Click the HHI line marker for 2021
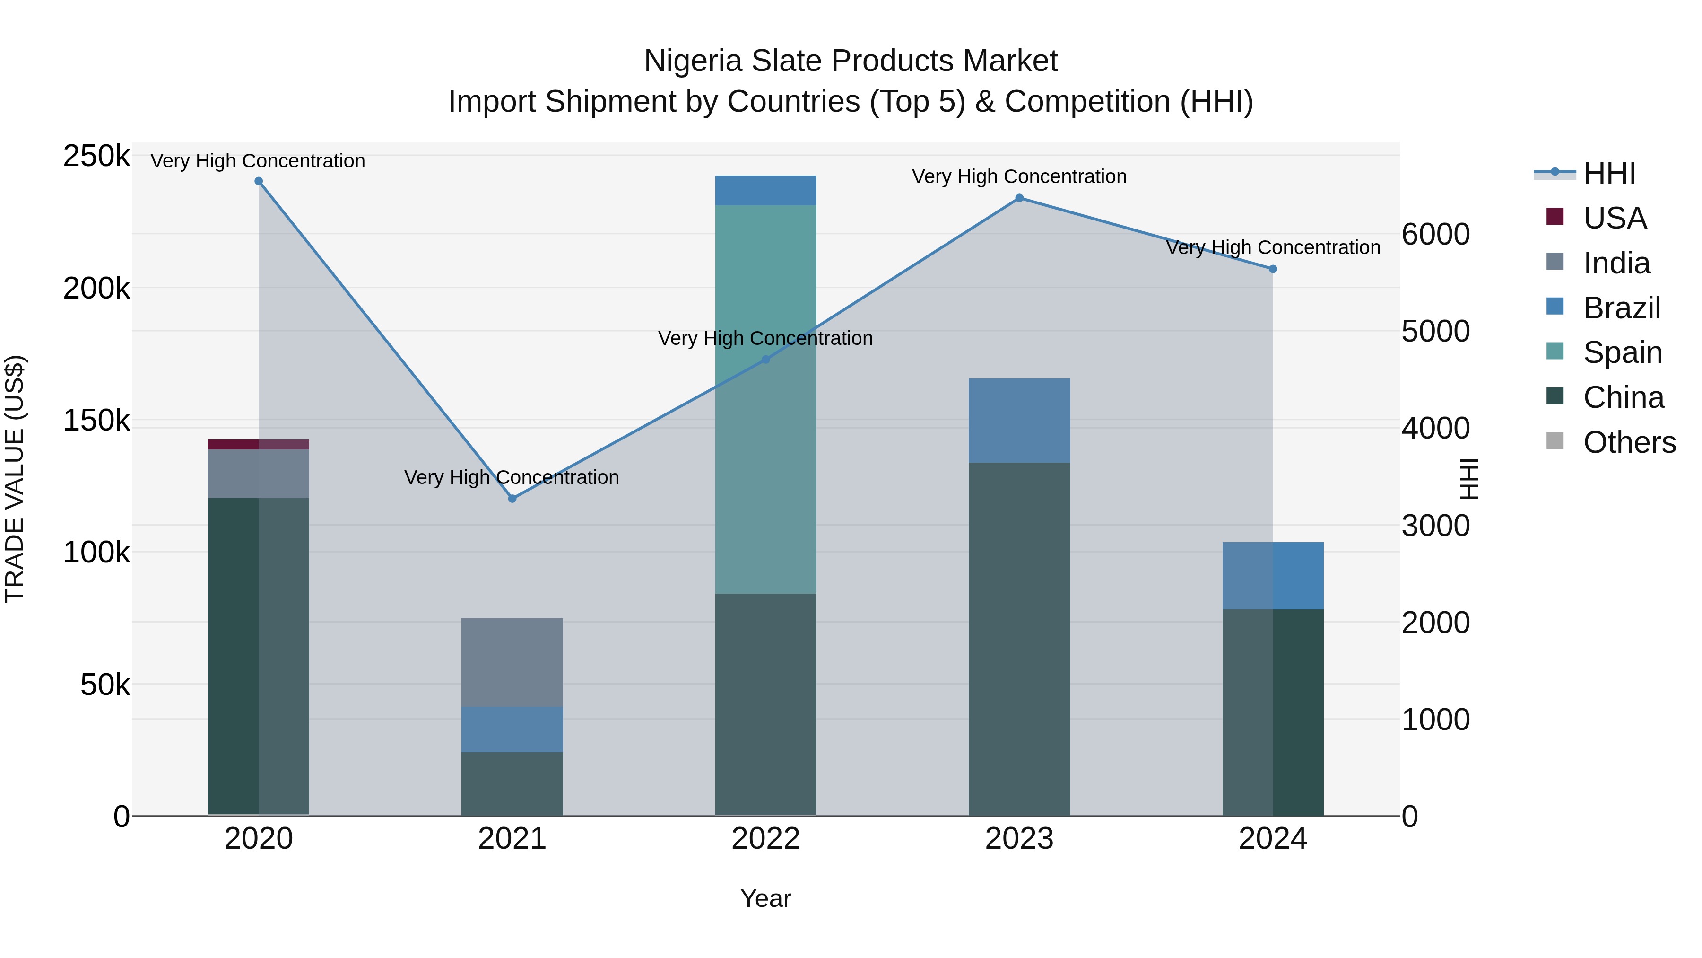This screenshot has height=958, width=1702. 512,499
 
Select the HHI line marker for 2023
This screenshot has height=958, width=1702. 1019,198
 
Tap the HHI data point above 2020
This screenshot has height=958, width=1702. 258,181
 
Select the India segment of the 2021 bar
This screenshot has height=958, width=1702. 512,662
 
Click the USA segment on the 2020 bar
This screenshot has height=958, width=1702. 258,444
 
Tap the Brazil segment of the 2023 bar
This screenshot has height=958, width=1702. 1019,421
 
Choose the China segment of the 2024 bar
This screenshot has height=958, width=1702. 1273,712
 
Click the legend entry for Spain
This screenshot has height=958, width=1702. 1622,352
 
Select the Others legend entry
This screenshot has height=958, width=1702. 1629,442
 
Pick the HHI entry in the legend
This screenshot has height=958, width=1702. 1609,173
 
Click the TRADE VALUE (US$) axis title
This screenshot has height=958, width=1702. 15,479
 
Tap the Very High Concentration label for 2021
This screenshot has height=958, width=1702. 512,477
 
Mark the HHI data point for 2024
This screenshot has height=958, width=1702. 1273,269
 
